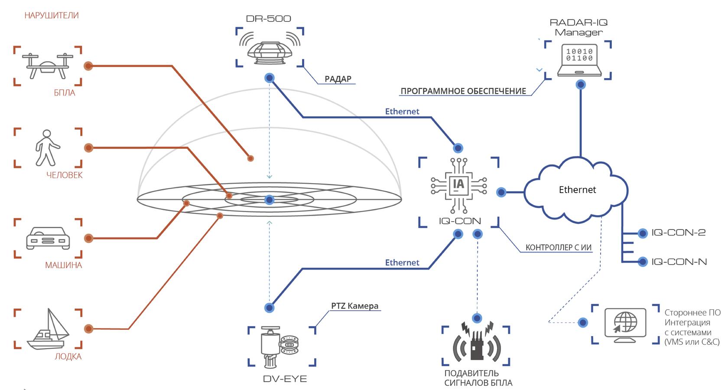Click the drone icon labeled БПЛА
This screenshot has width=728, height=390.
[48, 66]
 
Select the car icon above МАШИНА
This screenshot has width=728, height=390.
[48, 238]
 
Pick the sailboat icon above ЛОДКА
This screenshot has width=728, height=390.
[48, 329]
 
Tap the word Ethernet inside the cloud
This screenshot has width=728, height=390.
[577, 190]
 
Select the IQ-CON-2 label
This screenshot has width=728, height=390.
[678, 233]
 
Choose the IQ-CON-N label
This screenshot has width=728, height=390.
[679, 262]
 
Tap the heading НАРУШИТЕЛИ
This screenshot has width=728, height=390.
[52, 16]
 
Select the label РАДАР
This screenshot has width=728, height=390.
[338, 79]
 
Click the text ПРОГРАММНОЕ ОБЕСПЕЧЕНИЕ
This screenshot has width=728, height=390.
[463, 91]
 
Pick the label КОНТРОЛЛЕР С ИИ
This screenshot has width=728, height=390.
[559, 247]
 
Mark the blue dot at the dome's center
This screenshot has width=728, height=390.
[269, 200]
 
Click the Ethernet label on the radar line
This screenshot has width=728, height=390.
[402, 111]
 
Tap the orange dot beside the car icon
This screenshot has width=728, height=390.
[89, 238]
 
